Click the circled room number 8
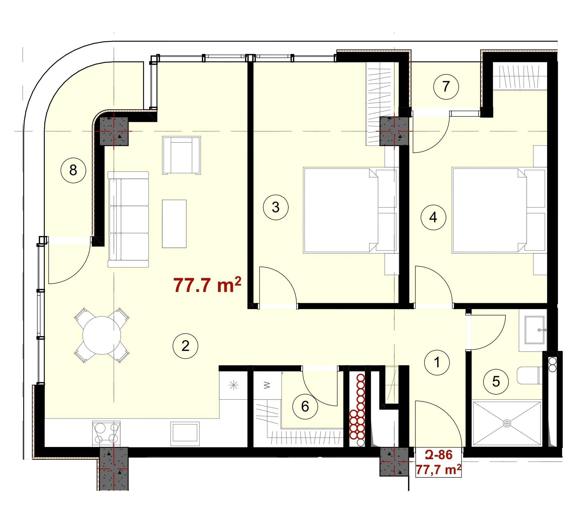coord(73,170)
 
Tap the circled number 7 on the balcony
coord(446,87)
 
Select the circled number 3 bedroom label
coord(276,207)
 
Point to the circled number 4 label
coord(433,217)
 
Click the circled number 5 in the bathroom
coord(496,382)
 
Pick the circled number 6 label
coord(305,407)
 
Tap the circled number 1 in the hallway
coord(437,362)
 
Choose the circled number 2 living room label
coord(185,346)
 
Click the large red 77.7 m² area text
coord(207,285)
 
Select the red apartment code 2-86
coord(439,455)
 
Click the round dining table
coord(102,335)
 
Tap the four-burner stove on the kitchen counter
coord(106,434)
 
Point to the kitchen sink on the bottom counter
coord(185,434)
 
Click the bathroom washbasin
coord(535,330)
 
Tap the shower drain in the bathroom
coord(507,423)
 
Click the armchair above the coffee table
coord(181,155)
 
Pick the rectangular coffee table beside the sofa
coord(174,224)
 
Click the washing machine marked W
coord(267,385)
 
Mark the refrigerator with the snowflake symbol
coord(234,385)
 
